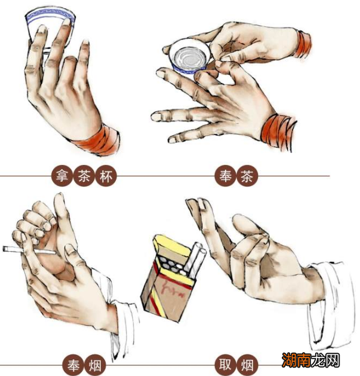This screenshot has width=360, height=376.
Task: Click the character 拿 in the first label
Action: pyautogui.click(x=63, y=176)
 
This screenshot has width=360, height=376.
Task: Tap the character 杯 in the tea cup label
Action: pyautogui.click(x=106, y=177)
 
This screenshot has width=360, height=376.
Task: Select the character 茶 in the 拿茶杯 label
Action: pyautogui.click(x=84, y=176)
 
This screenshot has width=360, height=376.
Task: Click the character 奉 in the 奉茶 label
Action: pyautogui.click(x=225, y=176)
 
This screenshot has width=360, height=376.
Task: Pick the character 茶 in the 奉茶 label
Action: pyautogui.click(x=247, y=177)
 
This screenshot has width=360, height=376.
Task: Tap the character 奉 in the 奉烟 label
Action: pyautogui.click(x=73, y=365)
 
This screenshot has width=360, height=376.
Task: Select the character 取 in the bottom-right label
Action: pyautogui.click(x=225, y=365)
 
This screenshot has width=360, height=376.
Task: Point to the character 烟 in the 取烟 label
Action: pyautogui.click(x=247, y=365)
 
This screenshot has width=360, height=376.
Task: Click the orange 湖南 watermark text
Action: pyautogui.click(x=296, y=360)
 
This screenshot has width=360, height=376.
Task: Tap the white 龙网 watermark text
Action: pyautogui.click(x=325, y=360)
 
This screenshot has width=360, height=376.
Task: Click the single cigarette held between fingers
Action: pyautogui.click(x=29, y=250)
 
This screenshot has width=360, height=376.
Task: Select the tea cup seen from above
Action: pyautogui.click(x=190, y=57)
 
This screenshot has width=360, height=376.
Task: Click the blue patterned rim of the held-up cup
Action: pyautogui.click(x=50, y=16)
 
